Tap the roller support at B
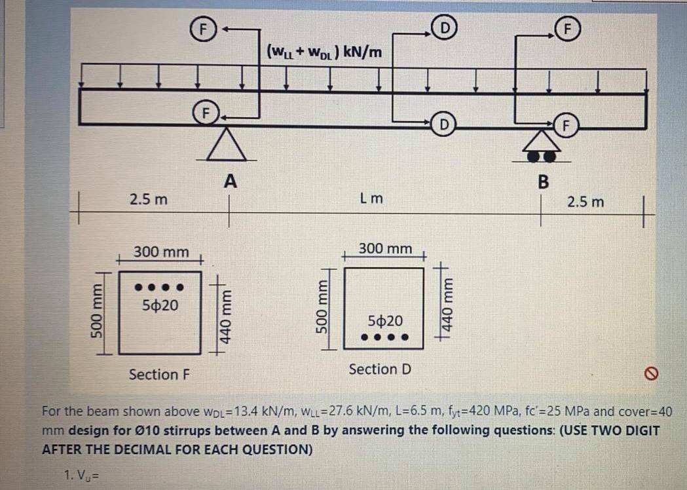click(x=541, y=147)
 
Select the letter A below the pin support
click(x=229, y=180)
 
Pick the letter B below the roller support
click(x=542, y=181)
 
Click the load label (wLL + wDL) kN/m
click(x=325, y=50)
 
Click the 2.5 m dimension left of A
click(x=148, y=198)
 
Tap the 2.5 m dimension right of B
click(x=585, y=201)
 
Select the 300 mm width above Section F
click(x=161, y=252)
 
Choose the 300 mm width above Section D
click(x=386, y=249)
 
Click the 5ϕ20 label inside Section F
click(x=160, y=305)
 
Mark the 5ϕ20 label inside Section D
click(x=386, y=321)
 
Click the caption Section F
click(x=160, y=375)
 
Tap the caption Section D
click(x=380, y=369)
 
